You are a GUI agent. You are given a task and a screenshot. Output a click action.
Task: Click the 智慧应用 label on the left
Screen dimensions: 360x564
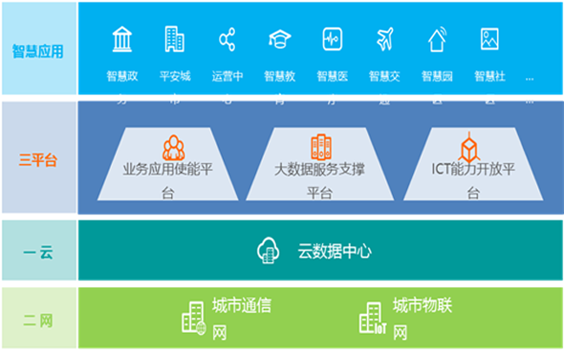(x=37, y=51)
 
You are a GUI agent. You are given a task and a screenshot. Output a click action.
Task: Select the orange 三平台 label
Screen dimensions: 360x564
(x=37, y=160)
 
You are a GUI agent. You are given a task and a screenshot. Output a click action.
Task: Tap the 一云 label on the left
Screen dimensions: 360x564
(x=37, y=252)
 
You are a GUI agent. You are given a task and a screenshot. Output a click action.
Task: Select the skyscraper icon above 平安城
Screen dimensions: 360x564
(x=174, y=39)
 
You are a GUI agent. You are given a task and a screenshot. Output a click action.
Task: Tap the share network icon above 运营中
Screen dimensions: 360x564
(x=227, y=39)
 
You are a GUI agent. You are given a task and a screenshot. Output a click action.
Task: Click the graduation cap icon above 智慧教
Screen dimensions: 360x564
(x=279, y=39)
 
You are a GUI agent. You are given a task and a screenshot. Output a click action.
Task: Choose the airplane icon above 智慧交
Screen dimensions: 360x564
(x=384, y=39)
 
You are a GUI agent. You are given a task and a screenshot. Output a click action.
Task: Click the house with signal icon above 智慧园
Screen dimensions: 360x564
(x=437, y=39)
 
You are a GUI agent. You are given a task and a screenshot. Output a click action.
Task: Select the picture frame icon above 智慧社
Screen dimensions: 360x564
(x=489, y=39)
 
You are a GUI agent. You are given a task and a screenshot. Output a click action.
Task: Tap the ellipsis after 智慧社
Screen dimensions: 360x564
(x=530, y=78)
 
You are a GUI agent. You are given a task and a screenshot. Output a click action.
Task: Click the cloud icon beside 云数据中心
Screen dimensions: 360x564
(x=268, y=251)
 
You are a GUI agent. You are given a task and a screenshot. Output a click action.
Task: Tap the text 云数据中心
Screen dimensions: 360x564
(x=334, y=252)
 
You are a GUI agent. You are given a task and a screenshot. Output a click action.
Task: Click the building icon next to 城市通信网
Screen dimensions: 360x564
(x=193, y=318)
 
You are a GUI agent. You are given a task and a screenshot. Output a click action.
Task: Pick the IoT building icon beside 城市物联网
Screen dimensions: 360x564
(x=371, y=318)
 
